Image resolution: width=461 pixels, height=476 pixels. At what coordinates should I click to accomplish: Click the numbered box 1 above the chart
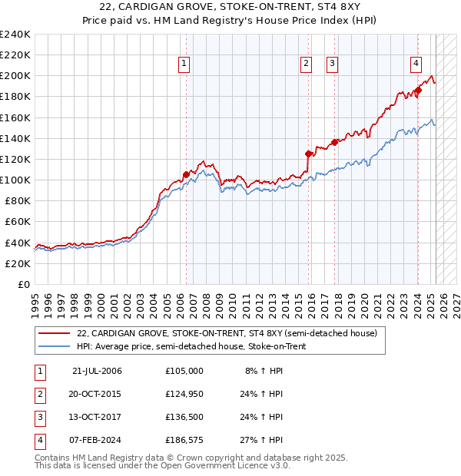click(x=185, y=64)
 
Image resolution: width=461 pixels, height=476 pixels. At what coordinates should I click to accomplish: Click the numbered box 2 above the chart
click(x=306, y=64)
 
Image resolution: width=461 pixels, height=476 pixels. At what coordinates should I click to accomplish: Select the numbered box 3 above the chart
click(x=332, y=64)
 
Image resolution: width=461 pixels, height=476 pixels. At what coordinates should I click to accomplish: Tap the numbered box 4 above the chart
click(x=416, y=64)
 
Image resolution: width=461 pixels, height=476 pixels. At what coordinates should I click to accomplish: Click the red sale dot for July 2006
click(x=186, y=174)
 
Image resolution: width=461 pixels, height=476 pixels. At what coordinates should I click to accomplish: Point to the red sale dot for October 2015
click(x=308, y=154)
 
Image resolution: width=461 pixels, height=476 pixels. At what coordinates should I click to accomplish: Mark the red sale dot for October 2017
click(x=335, y=142)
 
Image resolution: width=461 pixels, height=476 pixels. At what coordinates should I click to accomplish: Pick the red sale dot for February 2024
click(x=418, y=90)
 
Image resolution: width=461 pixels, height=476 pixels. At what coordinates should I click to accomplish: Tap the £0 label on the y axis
click(x=23, y=284)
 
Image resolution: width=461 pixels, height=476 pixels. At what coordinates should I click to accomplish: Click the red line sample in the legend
click(x=54, y=334)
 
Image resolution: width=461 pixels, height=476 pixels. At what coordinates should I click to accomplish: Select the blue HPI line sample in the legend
click(x=54, y=347)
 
